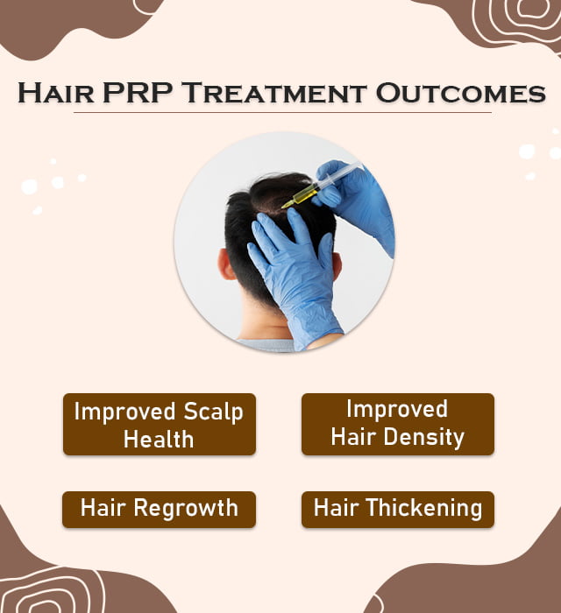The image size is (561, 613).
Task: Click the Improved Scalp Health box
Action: pyautogui.click(x=159, y=425)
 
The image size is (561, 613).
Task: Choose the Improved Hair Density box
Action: pyautogui.click(x=397, y=424)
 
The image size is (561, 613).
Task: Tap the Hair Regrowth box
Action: pyautogui.click(x=159, y=509)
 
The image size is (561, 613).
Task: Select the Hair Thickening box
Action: pyautogui.click(x=397, y=509)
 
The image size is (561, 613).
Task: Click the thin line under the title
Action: pyautogui.click(x=281, y=113)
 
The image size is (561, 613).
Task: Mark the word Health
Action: pyautogui.click(x=159, y=439)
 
